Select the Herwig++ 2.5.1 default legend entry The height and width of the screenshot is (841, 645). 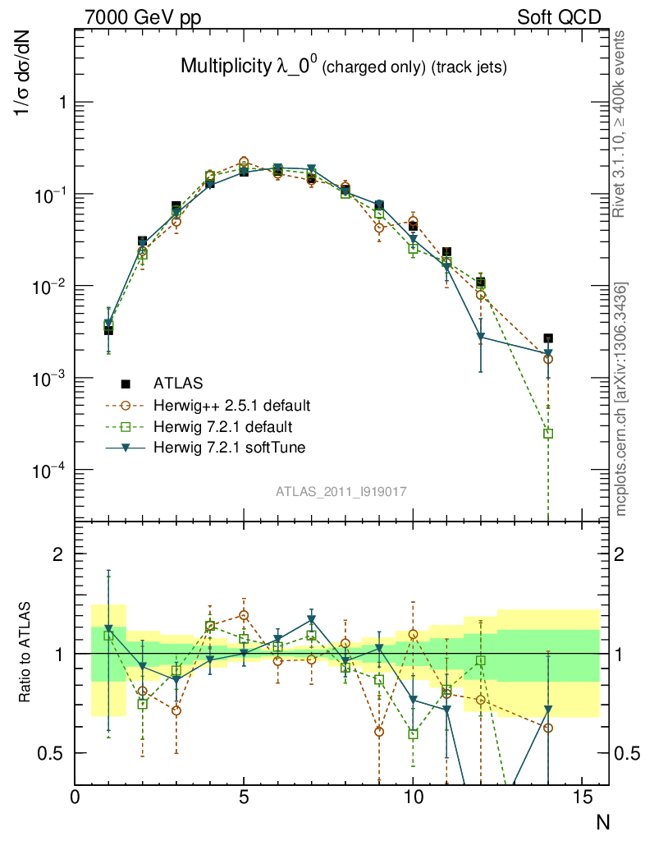tap(231, 405)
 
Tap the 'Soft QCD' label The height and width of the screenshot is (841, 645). tap(559, 17)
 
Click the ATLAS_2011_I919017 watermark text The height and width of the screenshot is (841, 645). tap(341, 491)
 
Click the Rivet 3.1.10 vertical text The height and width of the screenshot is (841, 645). tap(621, 123)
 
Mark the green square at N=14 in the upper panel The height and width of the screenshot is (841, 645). tap(548, 433)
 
